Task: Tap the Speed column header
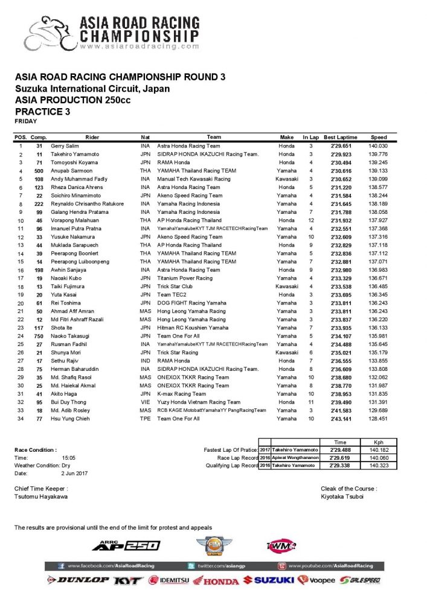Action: pos(379,137)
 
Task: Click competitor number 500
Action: pos(39,171)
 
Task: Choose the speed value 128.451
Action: pos(379,418)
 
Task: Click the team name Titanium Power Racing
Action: pos(185,278)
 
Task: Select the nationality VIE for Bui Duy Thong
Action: pos(145,402)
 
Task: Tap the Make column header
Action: pos(287,137)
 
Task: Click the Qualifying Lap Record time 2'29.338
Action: pos(336,466)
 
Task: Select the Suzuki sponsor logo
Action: pos(268,580)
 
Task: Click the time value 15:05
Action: pos(68,458)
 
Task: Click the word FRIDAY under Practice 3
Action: pos(25,121)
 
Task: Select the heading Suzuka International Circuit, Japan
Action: pos(92,88)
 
